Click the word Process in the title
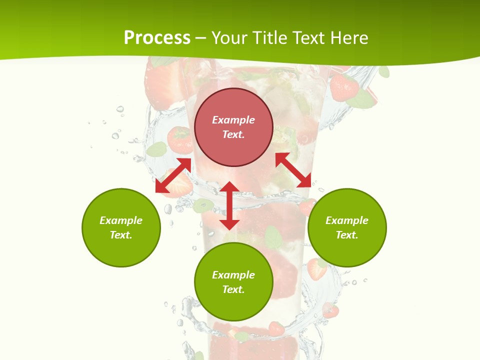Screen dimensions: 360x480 [x=157, y=38]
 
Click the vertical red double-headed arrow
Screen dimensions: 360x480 [x=229, y=205]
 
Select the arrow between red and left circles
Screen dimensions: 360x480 [x=173, y=175]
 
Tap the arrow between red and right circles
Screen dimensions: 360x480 [x=293, y=170]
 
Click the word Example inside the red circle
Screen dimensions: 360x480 [x=233, y=120]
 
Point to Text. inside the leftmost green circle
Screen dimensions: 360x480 [x=121, y=235]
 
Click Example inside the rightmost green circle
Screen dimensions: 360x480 [x=347, y=220]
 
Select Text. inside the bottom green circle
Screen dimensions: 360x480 [x=233, y=289]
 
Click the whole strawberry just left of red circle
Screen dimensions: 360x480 [x=180, y=140]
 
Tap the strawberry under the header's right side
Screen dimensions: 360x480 [x=344, y=87]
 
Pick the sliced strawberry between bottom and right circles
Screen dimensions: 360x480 [x=316, y=269]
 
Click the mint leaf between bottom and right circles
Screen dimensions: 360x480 [x=272, y=237]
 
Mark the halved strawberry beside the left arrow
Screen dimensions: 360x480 [x=181, y=186]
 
